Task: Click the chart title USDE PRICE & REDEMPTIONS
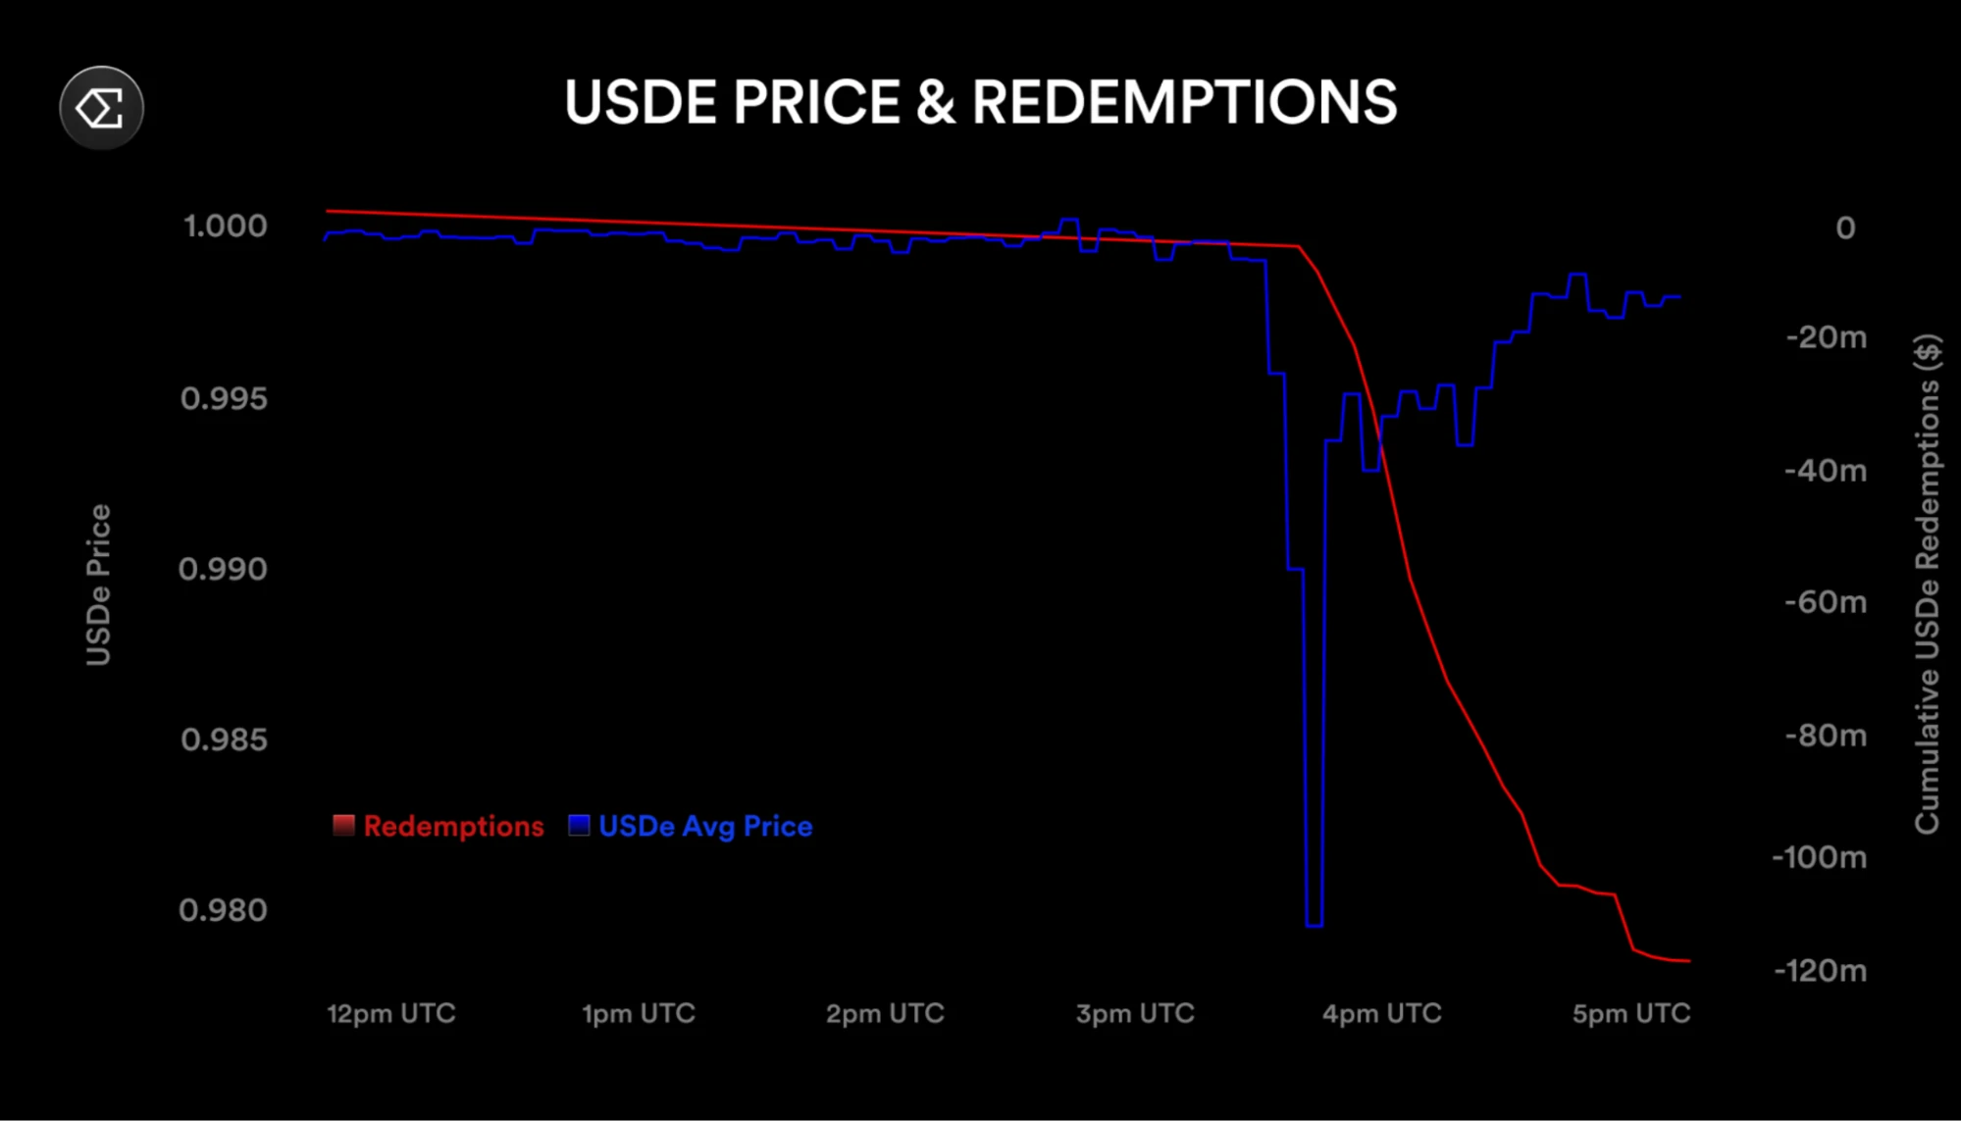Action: (980, 103)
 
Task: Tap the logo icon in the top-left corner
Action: (101, 108)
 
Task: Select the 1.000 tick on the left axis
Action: (225, 227)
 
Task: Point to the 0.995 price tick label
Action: (224, 399)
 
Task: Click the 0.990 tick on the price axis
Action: (223, 569)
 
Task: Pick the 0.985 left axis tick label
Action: (224, 739)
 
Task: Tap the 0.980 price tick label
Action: (223, 910)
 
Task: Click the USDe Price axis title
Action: (99, 585)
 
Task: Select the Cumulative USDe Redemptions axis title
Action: (1928, 585)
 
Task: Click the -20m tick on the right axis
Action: (1826, 337)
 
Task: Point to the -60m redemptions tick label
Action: (1825, 602)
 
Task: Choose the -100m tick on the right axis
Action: (1819, 858)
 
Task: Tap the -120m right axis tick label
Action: (1820, 971)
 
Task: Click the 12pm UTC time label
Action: (390, 1013)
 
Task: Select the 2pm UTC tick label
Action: (885, 1013)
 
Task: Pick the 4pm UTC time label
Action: (1381, 1013)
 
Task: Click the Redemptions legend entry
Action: (439, 826)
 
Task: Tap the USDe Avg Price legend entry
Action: (692, 826)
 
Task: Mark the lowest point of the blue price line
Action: (1315, 924)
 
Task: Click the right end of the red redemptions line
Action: (1688, 960)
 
